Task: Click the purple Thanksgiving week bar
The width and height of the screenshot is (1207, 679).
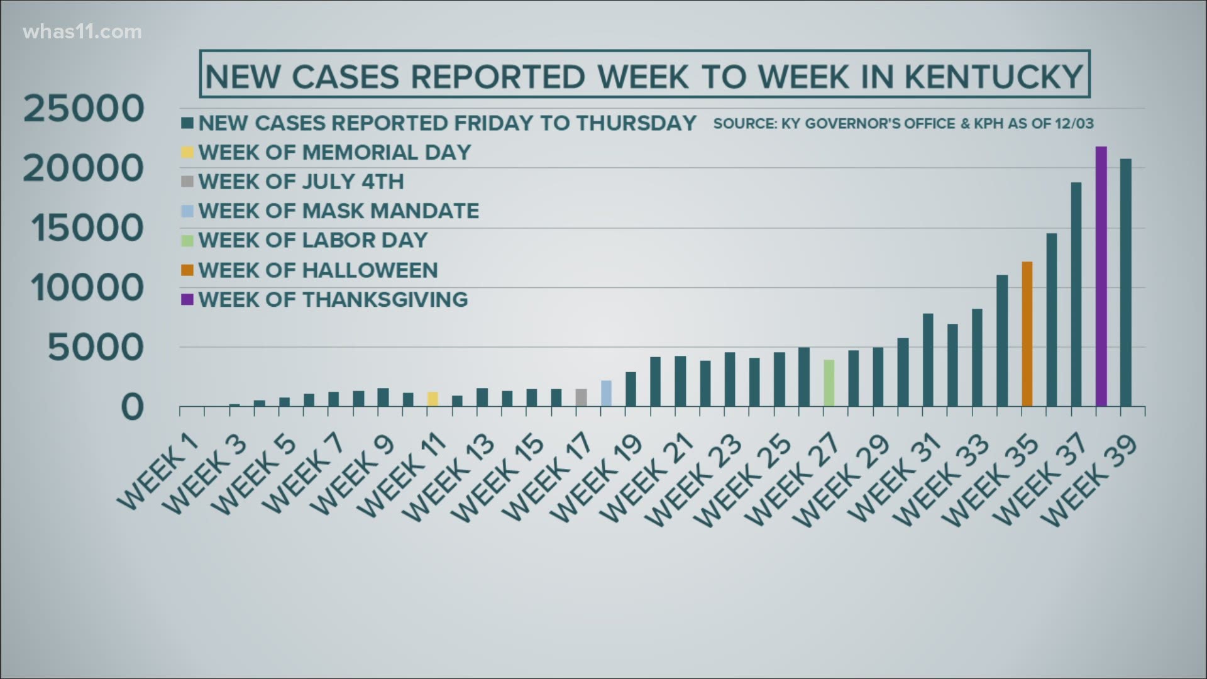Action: pos(1101,277)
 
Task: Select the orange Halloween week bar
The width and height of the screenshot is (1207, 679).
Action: pos(1027,334)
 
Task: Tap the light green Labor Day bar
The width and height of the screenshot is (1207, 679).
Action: pos(829,383)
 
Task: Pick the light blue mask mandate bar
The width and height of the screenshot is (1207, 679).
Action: pos(606,394)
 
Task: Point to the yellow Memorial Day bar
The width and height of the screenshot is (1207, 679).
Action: pos(433,399)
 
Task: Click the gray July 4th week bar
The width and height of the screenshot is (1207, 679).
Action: pos(581,397)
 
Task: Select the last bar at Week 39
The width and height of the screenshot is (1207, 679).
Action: pos(1125,282)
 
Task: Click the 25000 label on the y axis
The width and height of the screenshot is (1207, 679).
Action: pos(84,109)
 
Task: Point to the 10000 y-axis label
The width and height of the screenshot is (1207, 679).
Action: pos(87,289)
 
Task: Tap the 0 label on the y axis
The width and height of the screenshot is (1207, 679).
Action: pos(132,408)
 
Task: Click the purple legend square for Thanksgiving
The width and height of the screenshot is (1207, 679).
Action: pos(187,300)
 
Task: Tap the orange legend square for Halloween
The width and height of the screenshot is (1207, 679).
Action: pos(187,270)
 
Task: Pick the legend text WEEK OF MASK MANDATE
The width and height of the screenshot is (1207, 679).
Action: pos(338,211)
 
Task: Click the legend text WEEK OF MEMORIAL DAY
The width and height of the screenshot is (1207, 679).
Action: pos(334,152)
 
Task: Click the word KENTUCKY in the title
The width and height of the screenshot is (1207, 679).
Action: pos(993,77)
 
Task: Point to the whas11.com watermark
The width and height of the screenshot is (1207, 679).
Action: pos(82,32)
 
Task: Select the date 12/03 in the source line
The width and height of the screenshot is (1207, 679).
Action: pos(1076,124)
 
